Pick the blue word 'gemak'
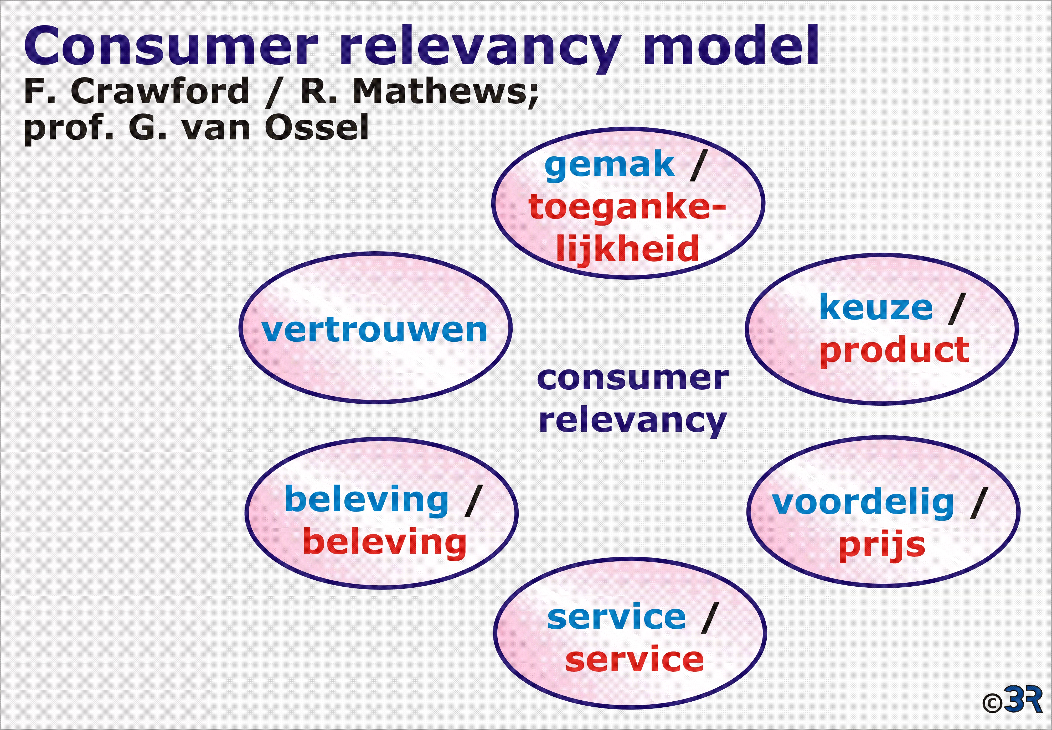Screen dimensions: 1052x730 point(610,166)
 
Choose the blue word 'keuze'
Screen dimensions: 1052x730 point(876,307)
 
